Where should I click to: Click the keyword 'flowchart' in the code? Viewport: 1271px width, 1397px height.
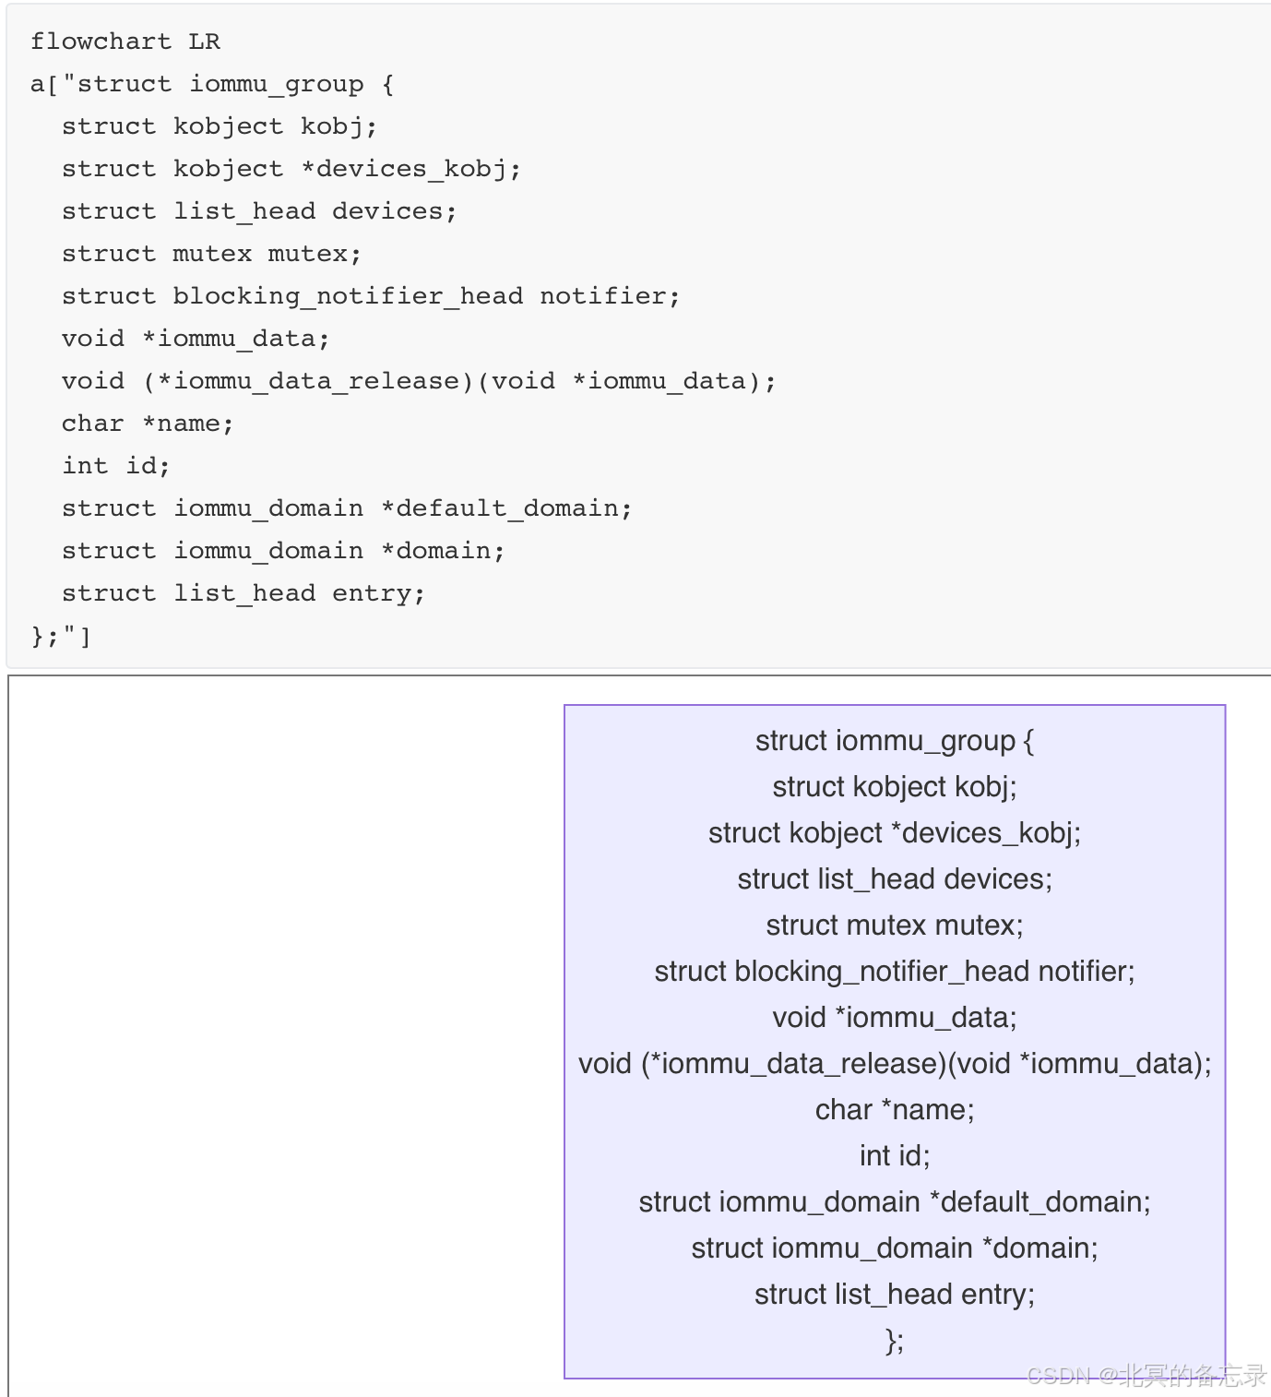101,42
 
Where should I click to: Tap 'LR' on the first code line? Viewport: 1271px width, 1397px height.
205,42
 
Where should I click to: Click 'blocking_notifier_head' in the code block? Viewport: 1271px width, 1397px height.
348,296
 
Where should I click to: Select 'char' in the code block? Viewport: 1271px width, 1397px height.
92,424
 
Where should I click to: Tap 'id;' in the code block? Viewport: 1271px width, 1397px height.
148,466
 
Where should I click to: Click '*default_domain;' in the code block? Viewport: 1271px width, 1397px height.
506,508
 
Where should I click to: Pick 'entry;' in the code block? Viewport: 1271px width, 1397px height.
378,593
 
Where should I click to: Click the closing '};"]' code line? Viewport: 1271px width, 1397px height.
61,636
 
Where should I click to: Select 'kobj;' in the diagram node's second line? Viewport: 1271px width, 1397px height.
985,787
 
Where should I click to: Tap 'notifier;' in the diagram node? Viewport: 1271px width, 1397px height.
1087,972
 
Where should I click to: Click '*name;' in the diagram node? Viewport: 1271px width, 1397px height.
928,1110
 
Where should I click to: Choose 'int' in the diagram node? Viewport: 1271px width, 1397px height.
874,1156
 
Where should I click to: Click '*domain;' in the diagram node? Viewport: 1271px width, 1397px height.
1039,1248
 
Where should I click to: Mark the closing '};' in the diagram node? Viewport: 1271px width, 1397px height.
895,1341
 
